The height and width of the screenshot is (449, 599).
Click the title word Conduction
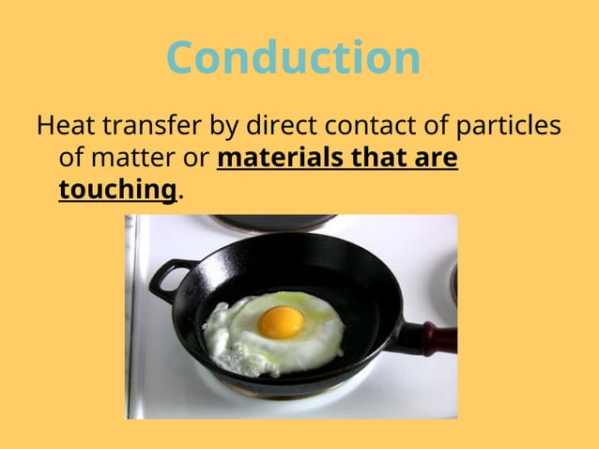pos(293,58)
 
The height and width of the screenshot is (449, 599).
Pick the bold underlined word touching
pos(117,191)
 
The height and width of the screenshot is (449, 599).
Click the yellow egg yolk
pos(281,322)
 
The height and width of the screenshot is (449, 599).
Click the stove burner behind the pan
pos(272,223)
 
